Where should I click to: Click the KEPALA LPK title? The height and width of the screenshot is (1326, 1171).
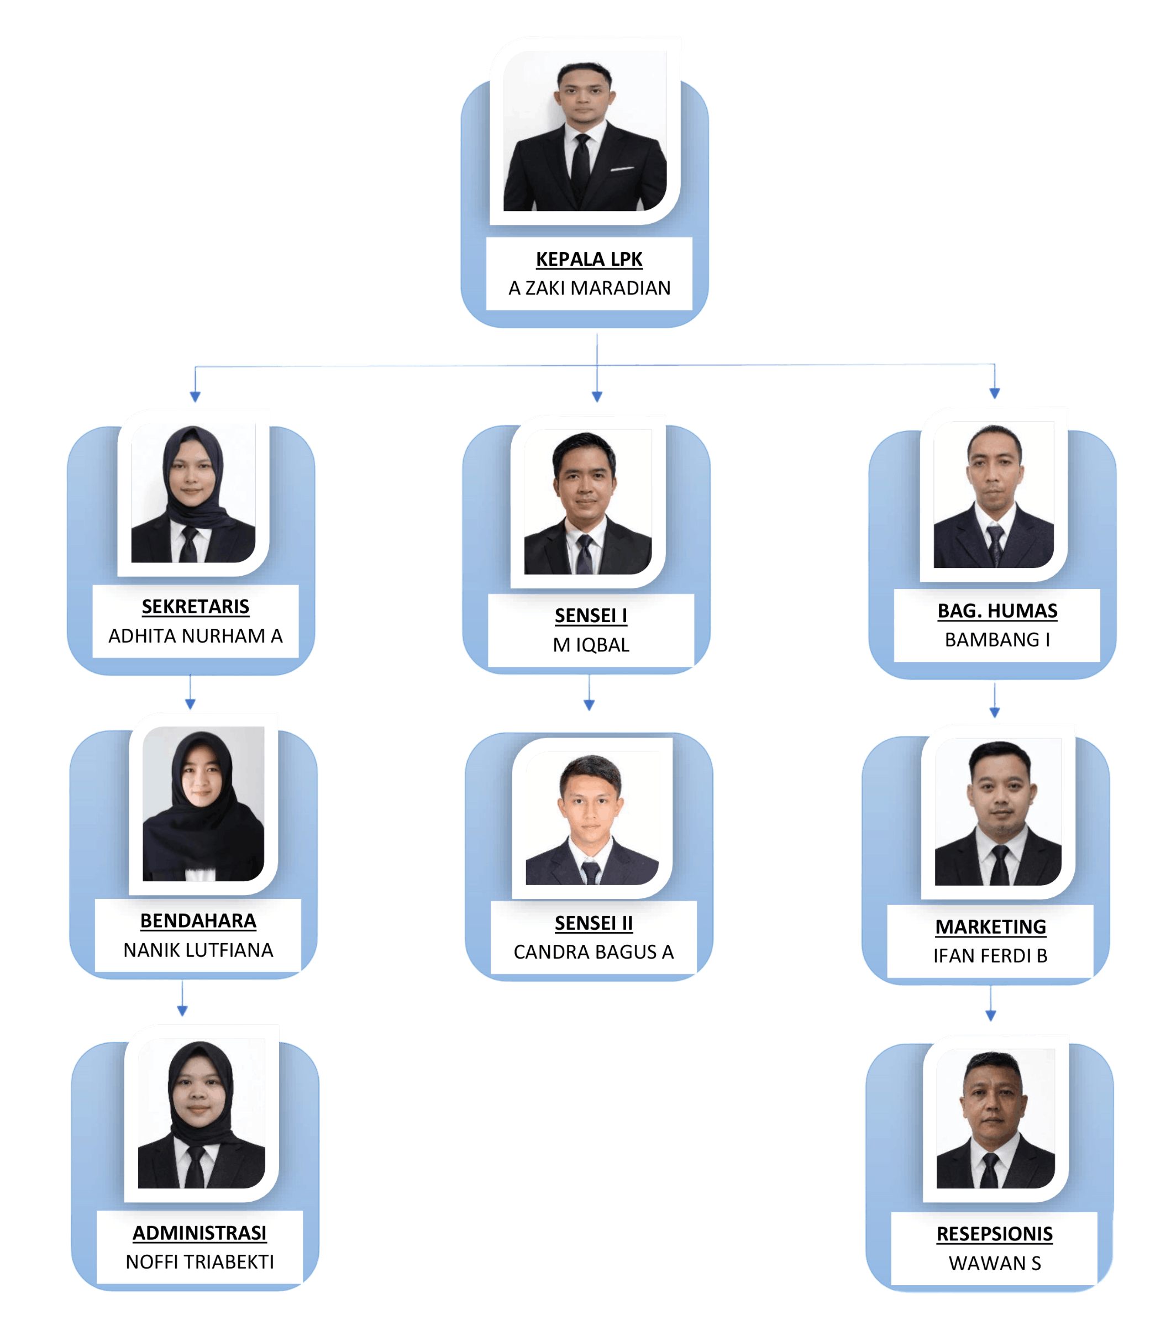tap(589, 259)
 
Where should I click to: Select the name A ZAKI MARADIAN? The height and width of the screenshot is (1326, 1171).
tap(589, 288)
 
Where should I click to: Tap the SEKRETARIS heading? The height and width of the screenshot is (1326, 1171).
tap(195, 607)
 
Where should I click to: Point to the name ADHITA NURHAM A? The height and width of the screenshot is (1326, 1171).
tap(195, 636)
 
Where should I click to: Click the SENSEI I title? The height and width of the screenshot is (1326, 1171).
tap(590, 615)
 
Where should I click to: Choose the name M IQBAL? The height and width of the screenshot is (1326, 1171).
tap(590, 645)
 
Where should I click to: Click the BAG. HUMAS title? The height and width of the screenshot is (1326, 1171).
tap(997, 611)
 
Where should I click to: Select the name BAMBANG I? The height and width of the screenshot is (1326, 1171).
tap(997, 640)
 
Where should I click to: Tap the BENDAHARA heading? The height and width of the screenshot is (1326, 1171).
tap(198, 920)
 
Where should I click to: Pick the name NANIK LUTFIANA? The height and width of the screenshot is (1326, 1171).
tap(198, 950)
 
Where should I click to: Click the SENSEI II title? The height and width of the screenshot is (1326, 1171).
tap(593, 923)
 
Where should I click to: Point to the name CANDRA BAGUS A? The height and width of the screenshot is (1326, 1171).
tap(593, 952)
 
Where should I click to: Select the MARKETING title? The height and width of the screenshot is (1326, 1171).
tap(991, 927)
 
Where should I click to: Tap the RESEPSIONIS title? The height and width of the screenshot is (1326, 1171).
tap(994, 1234)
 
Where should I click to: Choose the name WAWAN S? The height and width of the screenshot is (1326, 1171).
tap(994, 1263)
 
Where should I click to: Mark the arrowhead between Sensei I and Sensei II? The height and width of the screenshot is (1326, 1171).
tap(589, 705)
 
